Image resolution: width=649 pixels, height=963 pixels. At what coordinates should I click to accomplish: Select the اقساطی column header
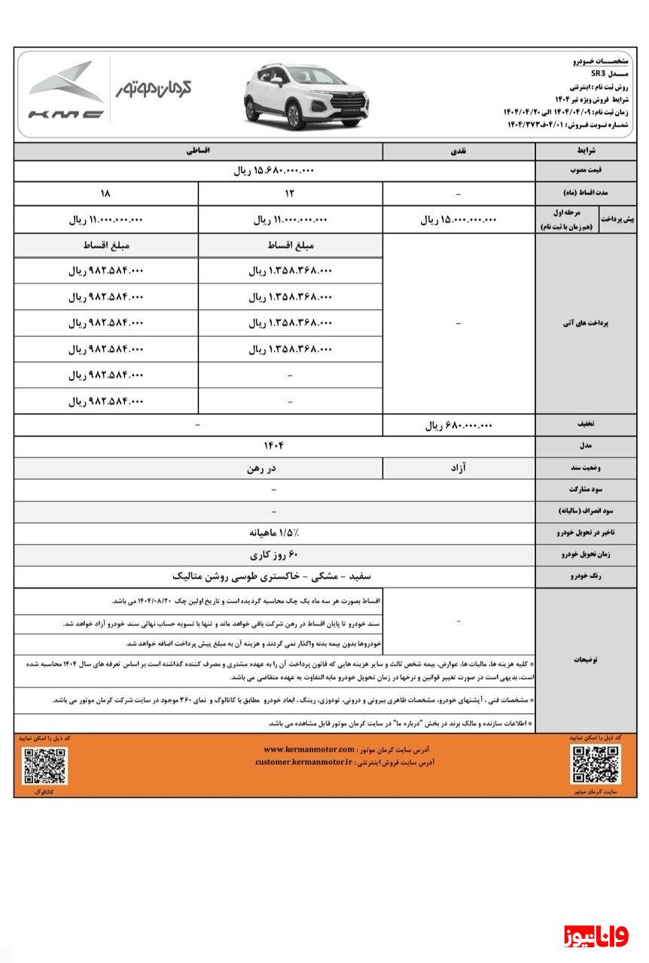pos(199,150)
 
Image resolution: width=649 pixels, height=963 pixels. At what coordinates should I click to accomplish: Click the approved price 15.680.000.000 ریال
pos(272,171)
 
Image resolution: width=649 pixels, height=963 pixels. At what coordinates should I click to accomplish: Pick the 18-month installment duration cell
pos(105,193)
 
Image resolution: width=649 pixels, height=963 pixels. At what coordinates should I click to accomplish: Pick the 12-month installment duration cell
pos(291,193)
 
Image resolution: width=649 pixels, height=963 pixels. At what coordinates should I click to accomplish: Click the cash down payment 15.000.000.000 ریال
pos(459,220)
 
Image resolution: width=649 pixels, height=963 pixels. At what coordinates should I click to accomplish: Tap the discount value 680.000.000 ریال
pos(459,425)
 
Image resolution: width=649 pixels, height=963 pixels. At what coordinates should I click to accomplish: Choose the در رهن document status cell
pos(260,468)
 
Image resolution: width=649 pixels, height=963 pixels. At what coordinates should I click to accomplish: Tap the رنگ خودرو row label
pos(584,576)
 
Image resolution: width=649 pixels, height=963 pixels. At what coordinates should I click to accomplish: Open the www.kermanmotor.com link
pos(309,749)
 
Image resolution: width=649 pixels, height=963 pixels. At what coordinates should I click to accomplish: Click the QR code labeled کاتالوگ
pos(44,767)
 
